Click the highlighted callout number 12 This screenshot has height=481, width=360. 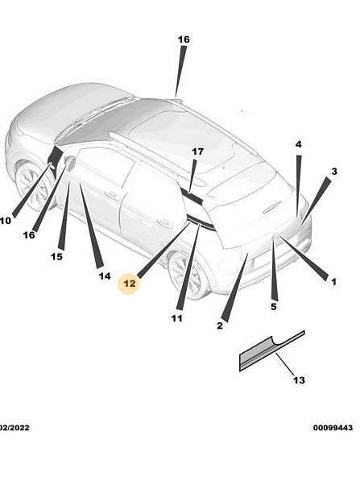tap(129, 284)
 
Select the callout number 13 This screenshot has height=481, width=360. tap(299, 380)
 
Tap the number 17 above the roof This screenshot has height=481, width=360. tap(198, 151)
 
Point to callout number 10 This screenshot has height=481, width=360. tap(5, 220)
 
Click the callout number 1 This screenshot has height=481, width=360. tap(333, 281)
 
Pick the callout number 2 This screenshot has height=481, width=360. tap(220, 326)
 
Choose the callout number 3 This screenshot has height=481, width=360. tap(334, 172)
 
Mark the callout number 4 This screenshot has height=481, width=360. tap(298, 144)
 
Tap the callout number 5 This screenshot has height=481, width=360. tap(274, 306)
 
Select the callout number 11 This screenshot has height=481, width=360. tap(176, 318)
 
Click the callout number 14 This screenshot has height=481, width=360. tap(105, 276)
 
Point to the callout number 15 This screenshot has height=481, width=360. tap(56, 256)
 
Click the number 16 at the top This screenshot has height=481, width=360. tap(184, 39)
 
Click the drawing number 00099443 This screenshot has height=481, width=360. tap(333, 428)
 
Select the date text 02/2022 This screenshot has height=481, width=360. tap(14, 428)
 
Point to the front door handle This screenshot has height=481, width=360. tap(112, 194)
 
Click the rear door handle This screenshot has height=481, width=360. tap(164, 222)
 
